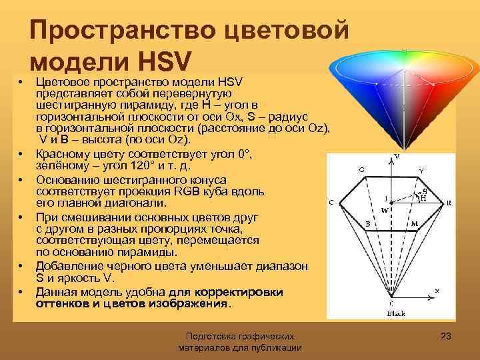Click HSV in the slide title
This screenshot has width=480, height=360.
(164, 62)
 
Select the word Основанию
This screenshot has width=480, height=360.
(66, 180)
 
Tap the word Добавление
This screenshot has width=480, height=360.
(69, 265)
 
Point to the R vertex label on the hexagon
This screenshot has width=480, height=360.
(449, 201)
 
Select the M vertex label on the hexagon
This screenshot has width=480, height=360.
(414, 223)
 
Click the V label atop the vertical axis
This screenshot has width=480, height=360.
(397, 157)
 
